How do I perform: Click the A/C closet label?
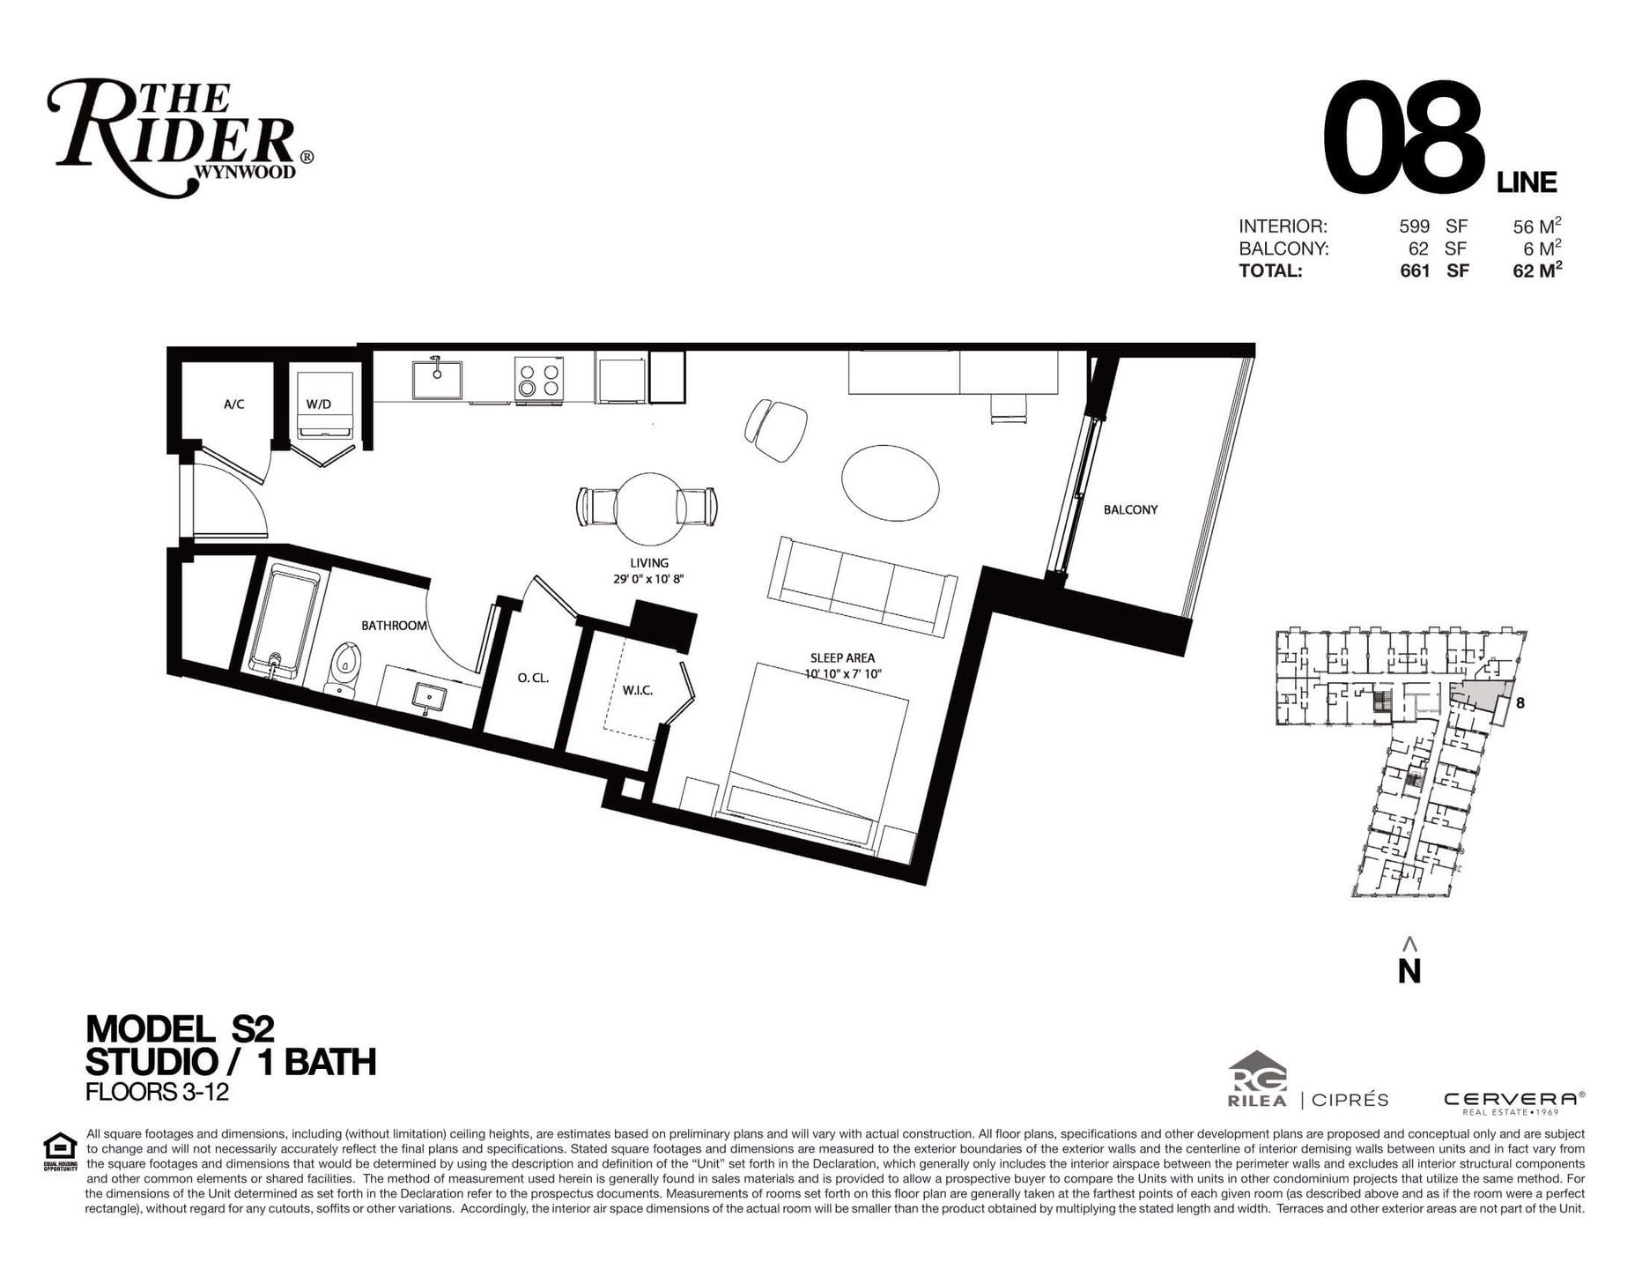coord(233,404)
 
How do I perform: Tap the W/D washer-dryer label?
coord(319,404)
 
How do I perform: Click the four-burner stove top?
coord(539,379)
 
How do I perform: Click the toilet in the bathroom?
coord(345,668)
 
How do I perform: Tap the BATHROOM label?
coord(394,626)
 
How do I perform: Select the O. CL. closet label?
coord(533,679)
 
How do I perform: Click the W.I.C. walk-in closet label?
coord(637,690)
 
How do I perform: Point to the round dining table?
coord(649,508)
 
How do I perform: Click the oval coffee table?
coord(890,482)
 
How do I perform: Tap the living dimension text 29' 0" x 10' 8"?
coord(649,579)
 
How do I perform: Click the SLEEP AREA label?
coord(842,657)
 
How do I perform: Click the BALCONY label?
coord(1130,509)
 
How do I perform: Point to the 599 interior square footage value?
coord(1414,226)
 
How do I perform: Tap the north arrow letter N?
coord(1409,970)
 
